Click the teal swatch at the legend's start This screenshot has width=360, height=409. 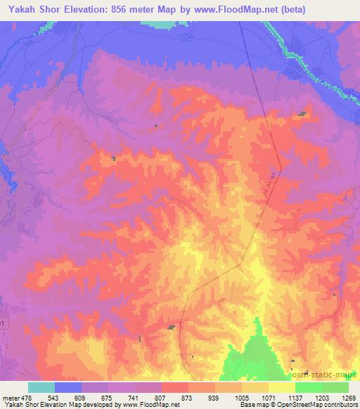(x=41, y=387)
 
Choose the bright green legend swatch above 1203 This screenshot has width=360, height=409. (x=309, y=387)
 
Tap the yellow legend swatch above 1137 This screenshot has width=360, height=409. (x=282, y=387)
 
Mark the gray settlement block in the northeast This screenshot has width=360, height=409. (x=302, y=113)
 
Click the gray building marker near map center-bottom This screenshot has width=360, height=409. (x=171, y=327)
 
